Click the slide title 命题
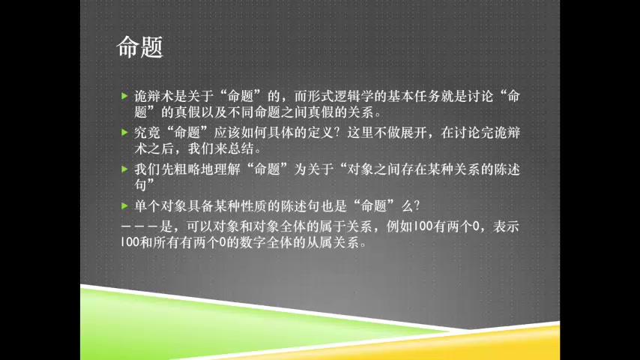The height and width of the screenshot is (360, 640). point(139,47)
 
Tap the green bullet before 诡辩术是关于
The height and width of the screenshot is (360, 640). point(124,96)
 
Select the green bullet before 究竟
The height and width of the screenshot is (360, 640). point(124,133)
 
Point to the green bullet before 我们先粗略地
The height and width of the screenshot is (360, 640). point(124,169)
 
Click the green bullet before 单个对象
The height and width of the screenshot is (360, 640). point(124,206)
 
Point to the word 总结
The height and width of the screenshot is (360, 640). point(241,148)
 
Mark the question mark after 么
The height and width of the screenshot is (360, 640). point(417,206)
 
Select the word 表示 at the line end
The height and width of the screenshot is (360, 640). point(506,226)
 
